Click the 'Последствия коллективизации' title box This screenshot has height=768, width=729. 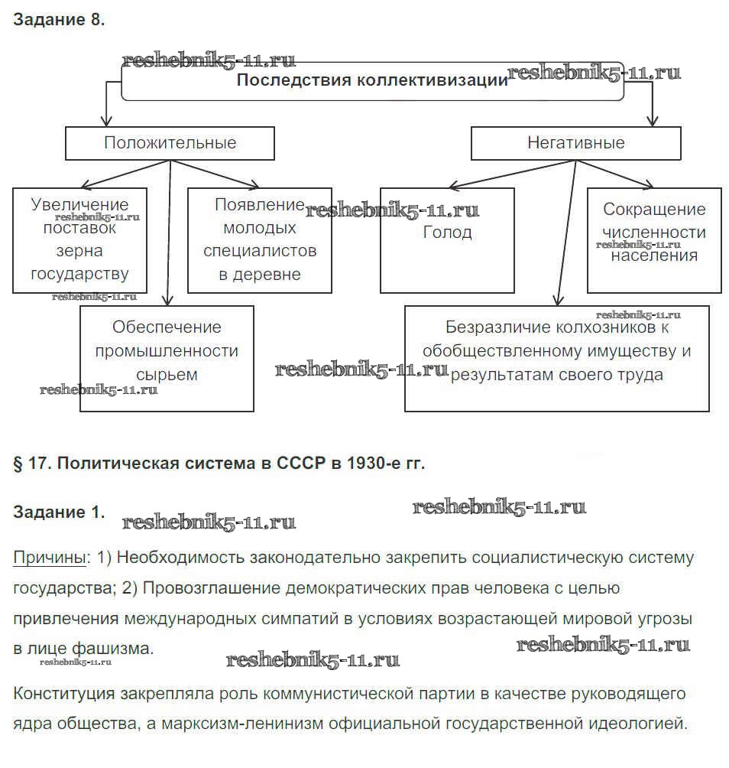[372, 81]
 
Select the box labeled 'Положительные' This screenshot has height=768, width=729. [170, 143]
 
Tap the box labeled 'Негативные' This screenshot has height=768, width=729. [575, 143]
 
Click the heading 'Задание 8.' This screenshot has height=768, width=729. [58, 21]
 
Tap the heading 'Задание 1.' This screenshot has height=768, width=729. [58, 513]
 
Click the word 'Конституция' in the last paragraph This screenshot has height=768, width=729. [61, 694]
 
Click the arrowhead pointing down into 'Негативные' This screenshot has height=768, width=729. [651, 120]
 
